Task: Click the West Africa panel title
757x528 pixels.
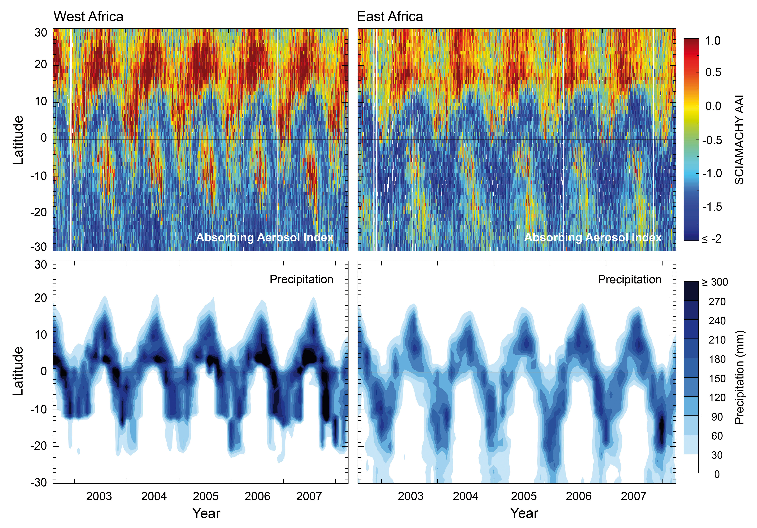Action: click(x=88, y=16)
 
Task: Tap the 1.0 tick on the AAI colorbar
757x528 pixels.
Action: click(x=713, y=41)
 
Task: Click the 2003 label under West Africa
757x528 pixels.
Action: click(x=99, y=496)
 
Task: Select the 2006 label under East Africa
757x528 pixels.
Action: click(x=579, y=496)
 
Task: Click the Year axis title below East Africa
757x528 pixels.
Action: click(x=524, y=513)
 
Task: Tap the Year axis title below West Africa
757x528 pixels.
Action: click(x=206, y=513)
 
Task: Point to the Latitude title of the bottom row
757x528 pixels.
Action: click(x=18, y=371)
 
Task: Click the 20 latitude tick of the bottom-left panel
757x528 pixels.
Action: click(x=41, y=298)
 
